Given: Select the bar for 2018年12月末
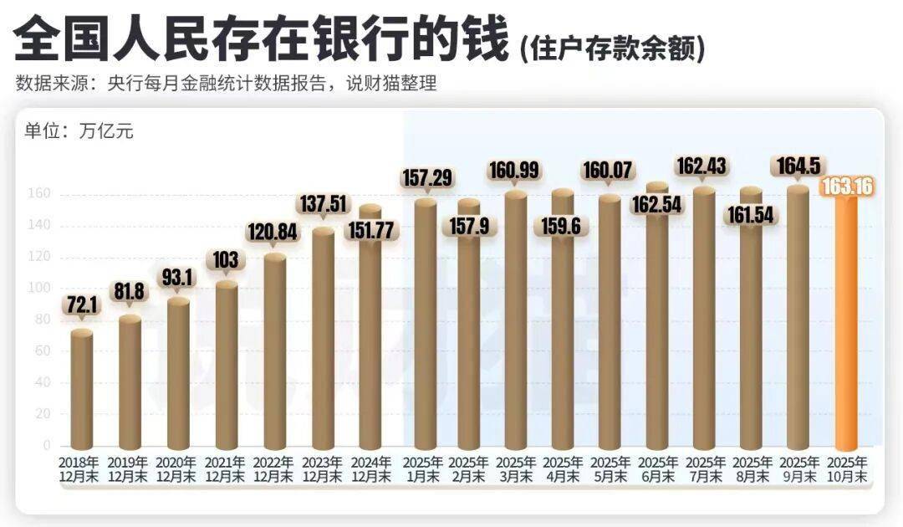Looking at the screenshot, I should [x=81, y=389].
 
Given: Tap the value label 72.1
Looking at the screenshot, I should [x=81, y=306].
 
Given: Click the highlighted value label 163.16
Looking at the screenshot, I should [x=848, y=187].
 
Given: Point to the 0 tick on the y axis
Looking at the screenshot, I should [x=47, y=446].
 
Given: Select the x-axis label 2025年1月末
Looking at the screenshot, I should [x=422, y=469].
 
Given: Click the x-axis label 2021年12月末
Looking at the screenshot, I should [x=226, y=469].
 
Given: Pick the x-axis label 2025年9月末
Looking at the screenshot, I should [x=798, y=469].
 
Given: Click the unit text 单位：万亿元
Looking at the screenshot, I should [x=79, y=131].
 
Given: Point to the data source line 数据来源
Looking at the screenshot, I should [x=226, y=84].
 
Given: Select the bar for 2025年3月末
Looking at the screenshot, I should [x=516, y=318].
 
